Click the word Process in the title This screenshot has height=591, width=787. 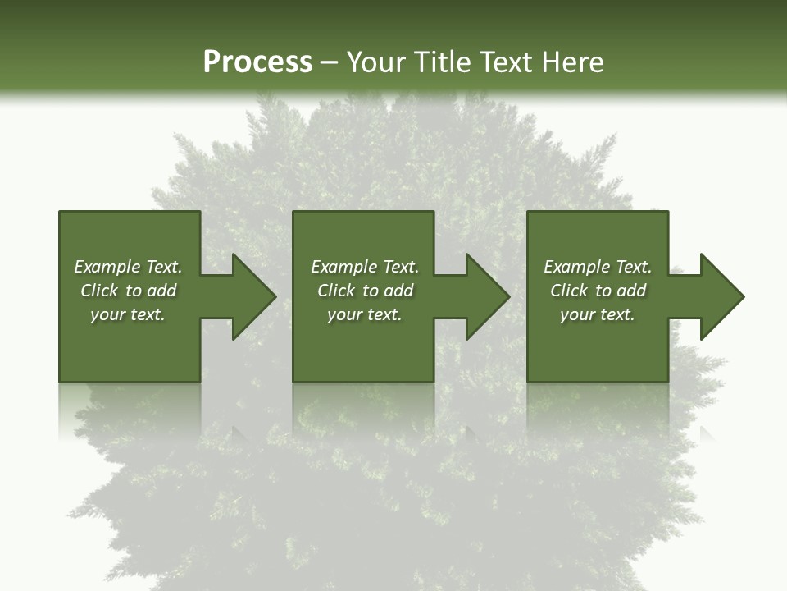coord(257,62)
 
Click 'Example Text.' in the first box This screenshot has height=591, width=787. coord(128,267)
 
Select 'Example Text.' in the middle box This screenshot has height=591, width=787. coord(365,267)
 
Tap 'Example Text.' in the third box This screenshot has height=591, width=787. coord(598,267)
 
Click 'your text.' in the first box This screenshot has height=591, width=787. coord(128,314)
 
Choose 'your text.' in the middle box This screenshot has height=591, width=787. coord(365,314)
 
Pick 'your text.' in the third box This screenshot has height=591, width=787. coord(598,314)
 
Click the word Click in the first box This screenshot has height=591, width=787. coord(99,291)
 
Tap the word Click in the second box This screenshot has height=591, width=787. coord(336,291)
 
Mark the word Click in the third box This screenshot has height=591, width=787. coord(569,291)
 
